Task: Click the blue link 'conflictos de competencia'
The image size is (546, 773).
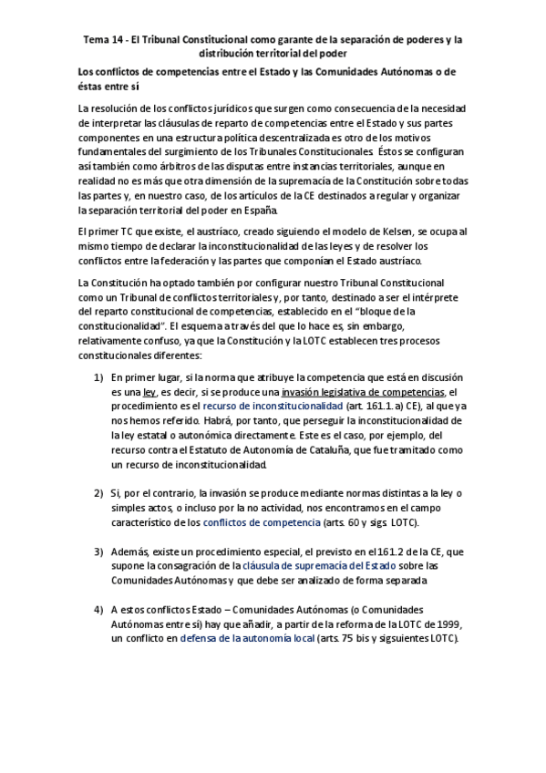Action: point(262,521)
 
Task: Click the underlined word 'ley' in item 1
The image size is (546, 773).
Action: point(148,391)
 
